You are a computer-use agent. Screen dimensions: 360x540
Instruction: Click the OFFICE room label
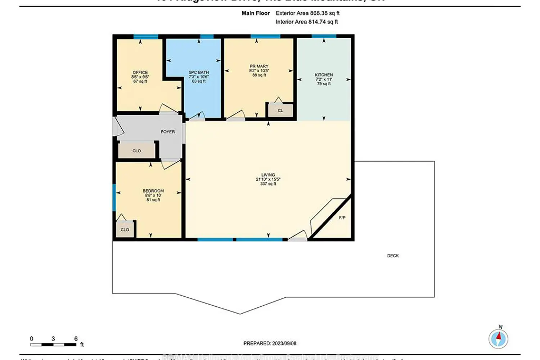140,72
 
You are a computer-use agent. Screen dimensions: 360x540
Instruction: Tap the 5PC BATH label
199,72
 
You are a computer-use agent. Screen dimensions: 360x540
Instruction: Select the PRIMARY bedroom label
259,66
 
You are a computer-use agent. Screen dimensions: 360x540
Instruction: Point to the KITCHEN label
324,75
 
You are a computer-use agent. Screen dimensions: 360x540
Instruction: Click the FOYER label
168,132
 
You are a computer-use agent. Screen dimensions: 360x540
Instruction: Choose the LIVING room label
268,175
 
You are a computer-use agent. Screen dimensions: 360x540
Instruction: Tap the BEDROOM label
153,191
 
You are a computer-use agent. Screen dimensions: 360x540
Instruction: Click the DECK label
393,256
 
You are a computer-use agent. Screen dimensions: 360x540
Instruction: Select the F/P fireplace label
342,218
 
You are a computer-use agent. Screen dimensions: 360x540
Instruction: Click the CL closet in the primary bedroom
280,111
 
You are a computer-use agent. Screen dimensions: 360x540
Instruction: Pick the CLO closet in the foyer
137,151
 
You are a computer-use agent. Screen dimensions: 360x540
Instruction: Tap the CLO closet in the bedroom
125,230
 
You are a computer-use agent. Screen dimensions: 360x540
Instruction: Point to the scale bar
53,345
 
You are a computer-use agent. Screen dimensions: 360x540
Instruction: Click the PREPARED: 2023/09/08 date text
270,343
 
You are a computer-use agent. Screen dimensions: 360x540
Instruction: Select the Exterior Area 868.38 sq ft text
307,13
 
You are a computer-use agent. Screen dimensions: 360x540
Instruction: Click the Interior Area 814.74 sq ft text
307,22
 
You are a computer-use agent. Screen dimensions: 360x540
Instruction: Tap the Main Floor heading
256,13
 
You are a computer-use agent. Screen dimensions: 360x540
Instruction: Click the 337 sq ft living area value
268,184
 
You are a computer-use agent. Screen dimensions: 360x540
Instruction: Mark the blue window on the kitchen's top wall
324,36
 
